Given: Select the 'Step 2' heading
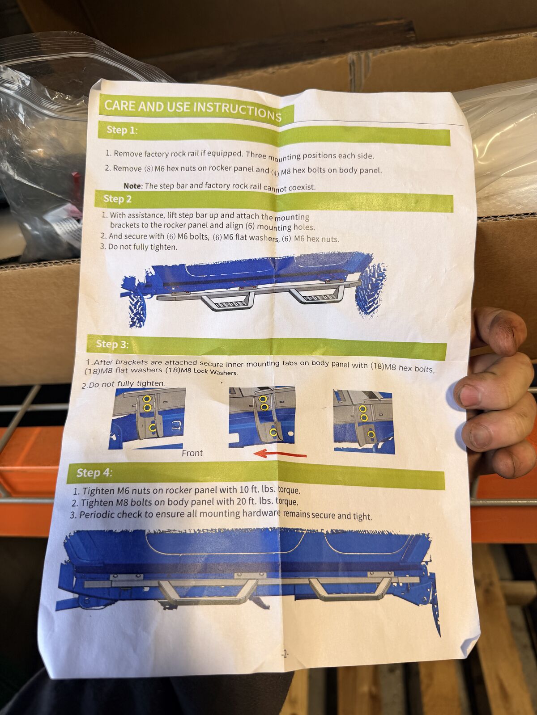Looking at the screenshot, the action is (x=117, y=199).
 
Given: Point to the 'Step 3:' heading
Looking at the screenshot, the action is (x=112, y=344).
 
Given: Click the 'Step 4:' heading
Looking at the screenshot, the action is (x=94, y=473).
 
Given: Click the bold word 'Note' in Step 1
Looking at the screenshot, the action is (x=133, y=186).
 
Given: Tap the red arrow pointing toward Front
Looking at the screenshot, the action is (x=280, y=453).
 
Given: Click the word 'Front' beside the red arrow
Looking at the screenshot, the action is (x=192, y=453).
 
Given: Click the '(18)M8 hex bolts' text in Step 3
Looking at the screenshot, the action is (x=402, y=367).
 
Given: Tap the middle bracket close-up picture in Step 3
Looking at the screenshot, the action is (x=262, y=415).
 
